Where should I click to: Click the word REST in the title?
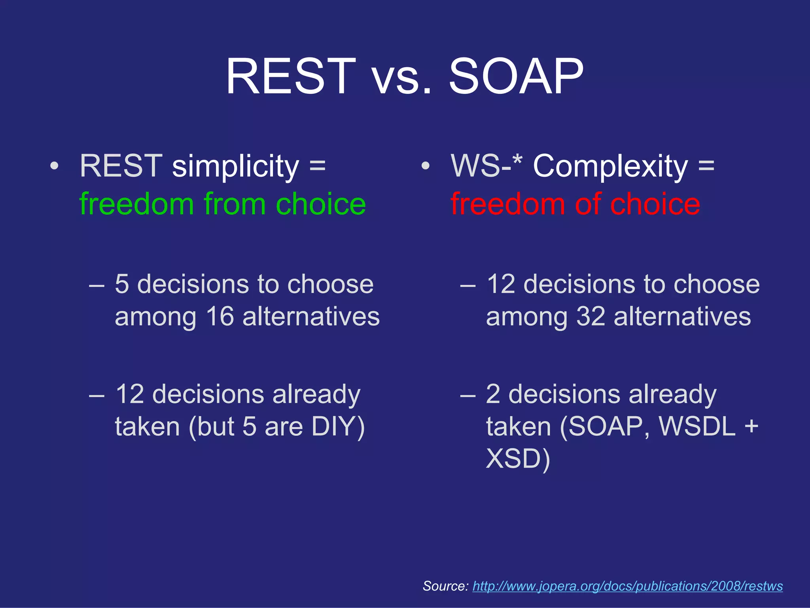click(291, 76)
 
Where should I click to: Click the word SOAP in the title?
click(516, 76)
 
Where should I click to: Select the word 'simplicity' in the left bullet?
click(236, 166)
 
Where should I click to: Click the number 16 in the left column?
click(220, 317)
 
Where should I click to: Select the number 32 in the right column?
click(591, 317)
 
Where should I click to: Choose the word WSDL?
click(697, 426)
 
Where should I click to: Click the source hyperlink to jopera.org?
click(628, 586)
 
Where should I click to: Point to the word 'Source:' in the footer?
click(446, 586)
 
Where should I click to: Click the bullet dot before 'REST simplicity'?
click(55, 167)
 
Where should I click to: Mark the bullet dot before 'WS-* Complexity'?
click(425, 167)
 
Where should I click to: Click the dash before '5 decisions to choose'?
click(97, 285)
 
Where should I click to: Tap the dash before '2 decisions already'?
click(468, 395)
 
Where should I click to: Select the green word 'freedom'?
click(136, 204)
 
